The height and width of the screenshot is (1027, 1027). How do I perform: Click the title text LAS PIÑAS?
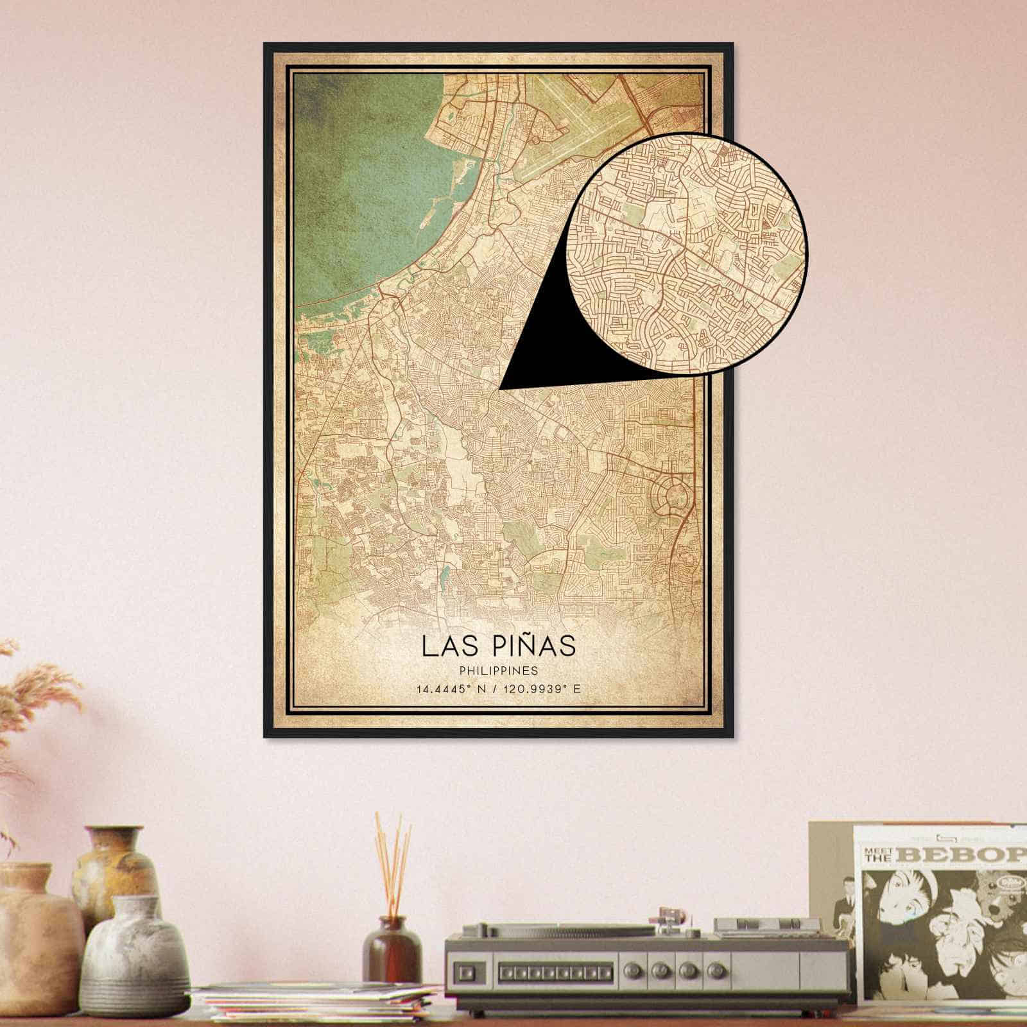point(499,646)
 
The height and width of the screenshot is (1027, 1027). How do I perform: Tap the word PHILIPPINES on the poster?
point(499,671)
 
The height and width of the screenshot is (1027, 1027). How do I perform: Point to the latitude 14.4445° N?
point(449,690)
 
